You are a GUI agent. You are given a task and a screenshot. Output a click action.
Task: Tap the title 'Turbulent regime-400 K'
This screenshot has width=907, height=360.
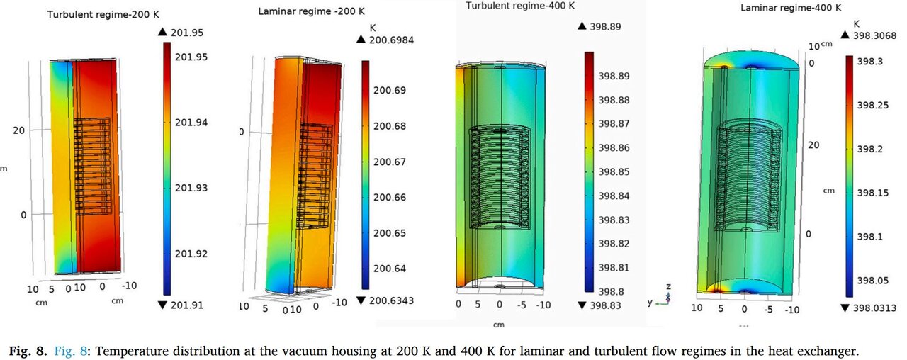click(x=520, y=6)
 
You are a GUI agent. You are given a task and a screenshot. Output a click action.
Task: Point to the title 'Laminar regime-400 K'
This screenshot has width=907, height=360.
click(x=791, y=9)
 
